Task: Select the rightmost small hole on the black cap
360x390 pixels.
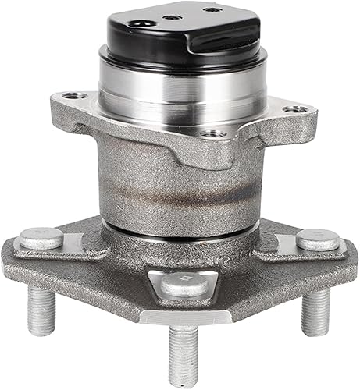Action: (207, 10)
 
